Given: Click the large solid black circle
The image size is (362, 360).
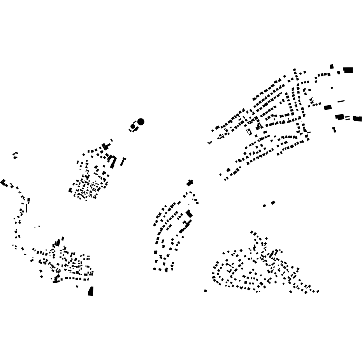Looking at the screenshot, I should click(x=141, y=122).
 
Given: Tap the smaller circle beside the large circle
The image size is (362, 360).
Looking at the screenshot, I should click(x=133, y=126).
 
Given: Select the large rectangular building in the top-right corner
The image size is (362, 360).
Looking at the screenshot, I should click(x=348, y=70).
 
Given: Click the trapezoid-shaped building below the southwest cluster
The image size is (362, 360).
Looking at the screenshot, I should click(x=91, y=291).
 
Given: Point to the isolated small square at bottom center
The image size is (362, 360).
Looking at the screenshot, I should click(x=206, y=291).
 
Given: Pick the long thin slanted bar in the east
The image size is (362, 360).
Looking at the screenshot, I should click(x=341, y=101).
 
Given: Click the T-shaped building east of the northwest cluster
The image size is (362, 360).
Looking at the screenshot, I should click(x=123, y=161).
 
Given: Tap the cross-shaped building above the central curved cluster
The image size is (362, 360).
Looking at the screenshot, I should click(x=190, y=183).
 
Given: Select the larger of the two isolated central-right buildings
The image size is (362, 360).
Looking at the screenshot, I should click(x=273, y=203).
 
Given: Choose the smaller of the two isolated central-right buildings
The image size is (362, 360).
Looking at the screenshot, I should click(x=264, y=205).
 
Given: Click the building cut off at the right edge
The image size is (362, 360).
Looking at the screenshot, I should click(x=358, y=119).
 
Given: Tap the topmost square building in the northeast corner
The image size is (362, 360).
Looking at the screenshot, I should click(x=332, y=67).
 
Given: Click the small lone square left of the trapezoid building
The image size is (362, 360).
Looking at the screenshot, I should click(x=77, y=286).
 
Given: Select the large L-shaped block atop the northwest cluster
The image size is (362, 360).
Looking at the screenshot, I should click(x=105, y=147).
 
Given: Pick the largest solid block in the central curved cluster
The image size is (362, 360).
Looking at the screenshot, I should click(x=189, y=214).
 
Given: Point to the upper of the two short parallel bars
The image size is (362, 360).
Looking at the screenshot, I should click(x=347, y=116).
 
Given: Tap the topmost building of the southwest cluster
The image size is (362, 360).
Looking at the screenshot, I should click(x=63, y=238).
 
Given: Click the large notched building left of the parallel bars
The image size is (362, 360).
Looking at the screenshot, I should click(x=339, y=117).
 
